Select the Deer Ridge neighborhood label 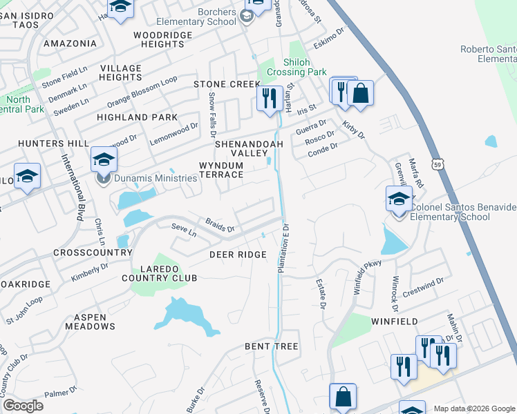[238, 255]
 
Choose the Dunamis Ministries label [156, 179]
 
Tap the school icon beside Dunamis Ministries [104, 161]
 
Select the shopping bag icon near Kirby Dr [360, 93]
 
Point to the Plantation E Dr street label [283, 247]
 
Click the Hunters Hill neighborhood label [44, 143]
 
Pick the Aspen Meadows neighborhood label [90, 321]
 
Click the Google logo [22, 405]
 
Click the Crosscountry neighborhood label [93, 253]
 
